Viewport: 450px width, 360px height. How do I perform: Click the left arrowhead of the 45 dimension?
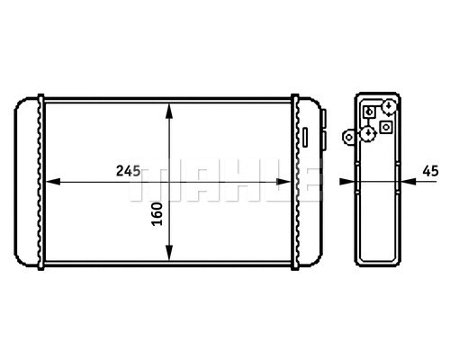pyautogui.click(x=346, y=182)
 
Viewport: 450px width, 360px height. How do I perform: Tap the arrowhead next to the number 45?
pyautogui.click(x=407, y=182)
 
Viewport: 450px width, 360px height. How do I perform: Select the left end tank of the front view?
pyautogui.click(x=29, y=182)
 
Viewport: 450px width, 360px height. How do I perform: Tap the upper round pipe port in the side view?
pyautogui.click(x=387, y=107)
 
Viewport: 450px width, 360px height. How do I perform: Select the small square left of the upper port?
pyautogui.click(x=369, y=112)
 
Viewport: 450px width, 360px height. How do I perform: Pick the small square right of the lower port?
pyautogui.click(x=386, y=128)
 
